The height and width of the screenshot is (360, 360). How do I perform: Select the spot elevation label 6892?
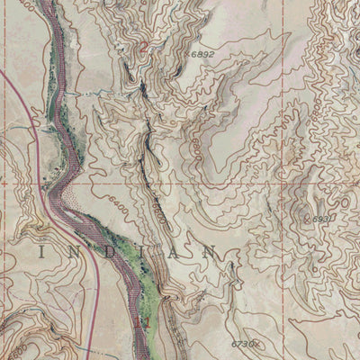pos(203,55)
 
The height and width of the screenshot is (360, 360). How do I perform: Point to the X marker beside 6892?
pos(189,55)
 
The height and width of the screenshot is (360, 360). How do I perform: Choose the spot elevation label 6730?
pos(241,342)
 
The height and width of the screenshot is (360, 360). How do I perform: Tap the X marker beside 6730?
pos(256,343)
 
